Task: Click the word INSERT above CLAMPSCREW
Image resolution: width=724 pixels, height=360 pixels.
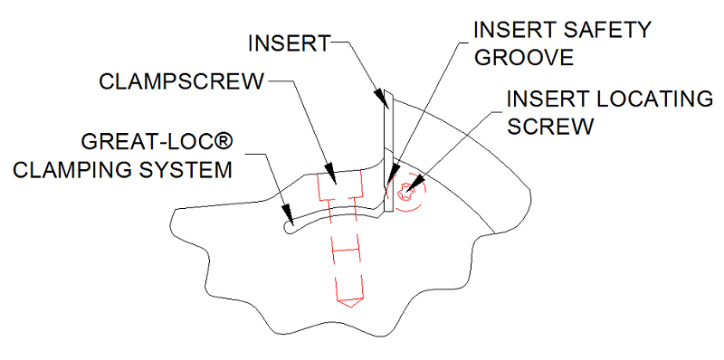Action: [x=289, y=43]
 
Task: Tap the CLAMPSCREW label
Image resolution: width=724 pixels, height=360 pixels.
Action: [x=182, y=82]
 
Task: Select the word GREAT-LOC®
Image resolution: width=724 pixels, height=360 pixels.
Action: [x=156, y=143]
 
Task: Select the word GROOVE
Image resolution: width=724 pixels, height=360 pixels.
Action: [x=524, y=58]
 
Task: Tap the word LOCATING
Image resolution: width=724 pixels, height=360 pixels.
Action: [x=653, y=99]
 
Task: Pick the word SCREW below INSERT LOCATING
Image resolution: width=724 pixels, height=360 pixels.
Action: [x=549, y=126]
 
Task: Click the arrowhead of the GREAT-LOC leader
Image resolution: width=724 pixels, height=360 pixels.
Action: [x=288, y=212]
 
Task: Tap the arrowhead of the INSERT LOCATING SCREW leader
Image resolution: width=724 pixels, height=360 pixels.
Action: [x=411, y=185]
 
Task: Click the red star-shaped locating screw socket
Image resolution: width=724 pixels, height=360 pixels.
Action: [x=405, y=191]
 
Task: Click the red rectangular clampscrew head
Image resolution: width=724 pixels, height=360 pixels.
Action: [x=340, y=186]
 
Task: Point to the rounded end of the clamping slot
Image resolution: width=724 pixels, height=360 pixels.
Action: [x=287, y=228]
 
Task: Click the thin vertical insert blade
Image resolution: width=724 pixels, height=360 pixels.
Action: [x=388, y=152]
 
